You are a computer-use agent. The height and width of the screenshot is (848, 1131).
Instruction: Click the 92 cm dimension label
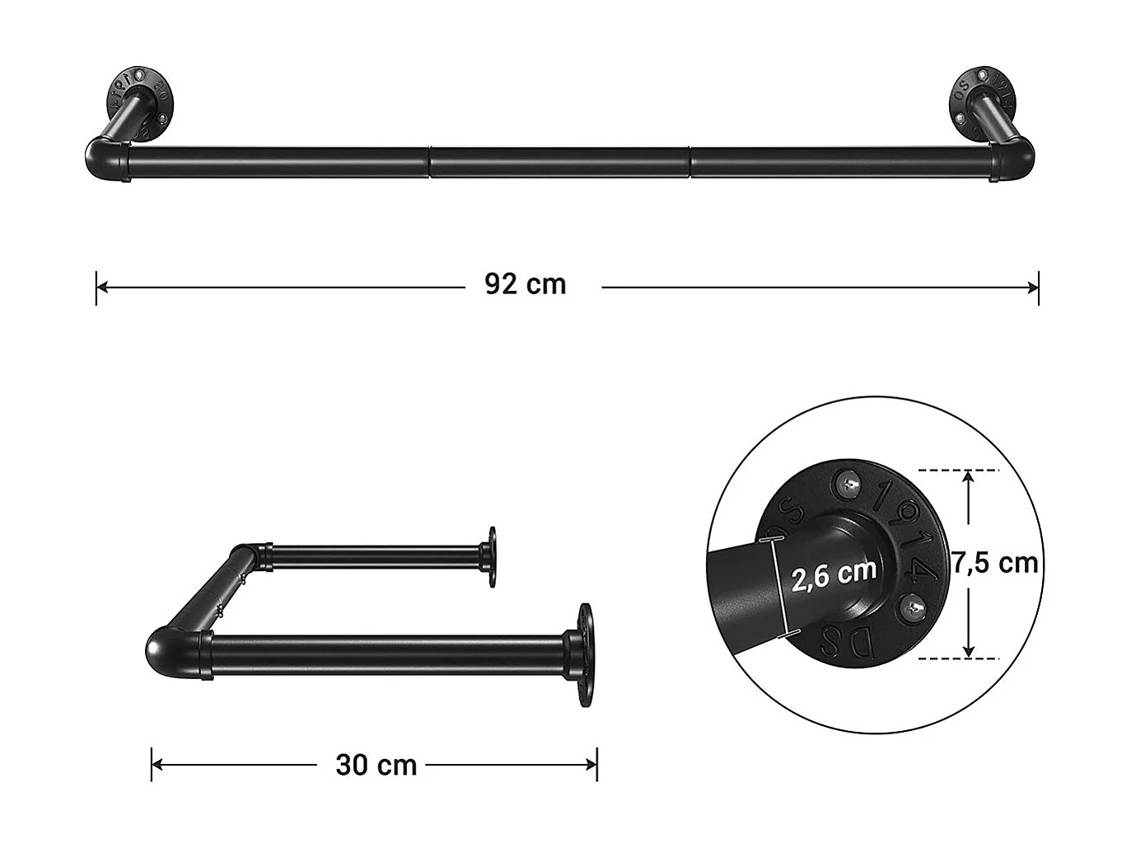coord(526,284)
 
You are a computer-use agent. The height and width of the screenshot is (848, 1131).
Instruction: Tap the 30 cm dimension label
coord(376,765)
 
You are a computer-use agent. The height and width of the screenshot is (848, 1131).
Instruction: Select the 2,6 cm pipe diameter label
coord(834,574)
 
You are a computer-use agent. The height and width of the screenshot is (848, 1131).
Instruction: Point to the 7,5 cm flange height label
coord(995,564)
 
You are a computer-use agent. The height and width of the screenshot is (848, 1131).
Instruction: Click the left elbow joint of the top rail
coord(105,159)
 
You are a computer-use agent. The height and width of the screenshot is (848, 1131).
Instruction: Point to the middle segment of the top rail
coord(560,162)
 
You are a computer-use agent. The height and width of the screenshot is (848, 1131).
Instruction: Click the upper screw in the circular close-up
coord(849,482)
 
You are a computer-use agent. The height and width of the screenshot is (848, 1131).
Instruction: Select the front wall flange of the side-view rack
coord(584,656)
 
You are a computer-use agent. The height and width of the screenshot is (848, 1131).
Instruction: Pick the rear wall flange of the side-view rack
coord(491,557)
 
